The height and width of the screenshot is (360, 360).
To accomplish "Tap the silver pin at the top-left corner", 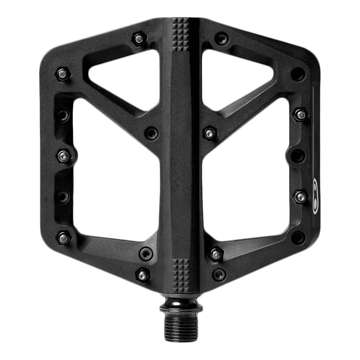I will click(63, 74).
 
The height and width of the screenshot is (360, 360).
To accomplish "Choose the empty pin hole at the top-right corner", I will click(298, 74).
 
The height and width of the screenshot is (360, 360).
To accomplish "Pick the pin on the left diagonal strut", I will click(151, 133).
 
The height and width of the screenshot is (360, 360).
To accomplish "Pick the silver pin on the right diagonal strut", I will click(210, 133).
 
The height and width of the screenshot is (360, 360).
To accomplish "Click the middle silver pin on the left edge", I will click(64, 156).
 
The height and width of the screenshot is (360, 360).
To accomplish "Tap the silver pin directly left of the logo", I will click(301, 197).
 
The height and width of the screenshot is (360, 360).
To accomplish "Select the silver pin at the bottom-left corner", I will click(64, 238).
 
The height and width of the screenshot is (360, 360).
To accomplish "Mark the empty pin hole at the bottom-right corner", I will click(298, 238).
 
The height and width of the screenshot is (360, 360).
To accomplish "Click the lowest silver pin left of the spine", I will click(143, 275).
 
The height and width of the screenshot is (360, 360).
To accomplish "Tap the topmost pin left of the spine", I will click(139, 39).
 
